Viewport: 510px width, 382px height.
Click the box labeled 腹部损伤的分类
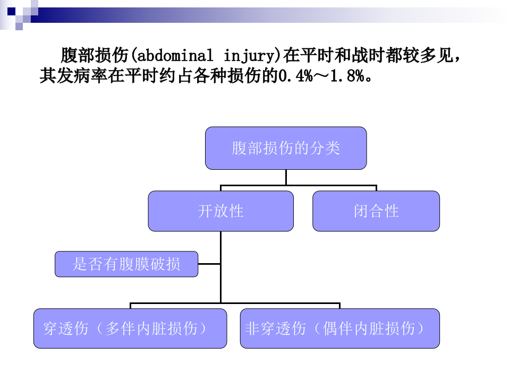tap(286, 148)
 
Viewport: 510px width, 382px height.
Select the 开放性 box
tap(220, 211)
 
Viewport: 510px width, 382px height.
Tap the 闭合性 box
tap(376, 211)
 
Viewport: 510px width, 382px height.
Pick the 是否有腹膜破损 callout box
tap(126, 264)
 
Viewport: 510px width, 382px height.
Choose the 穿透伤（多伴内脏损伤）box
tap(130, 328)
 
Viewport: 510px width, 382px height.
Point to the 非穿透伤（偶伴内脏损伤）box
tap(340, 328)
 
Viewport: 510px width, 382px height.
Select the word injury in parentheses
tap(250, 55)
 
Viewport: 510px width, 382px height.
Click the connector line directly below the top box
tap(286, 177)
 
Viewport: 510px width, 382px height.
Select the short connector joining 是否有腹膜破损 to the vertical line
tap(209, 264)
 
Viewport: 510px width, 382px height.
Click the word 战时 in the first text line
tap(353, 55)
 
